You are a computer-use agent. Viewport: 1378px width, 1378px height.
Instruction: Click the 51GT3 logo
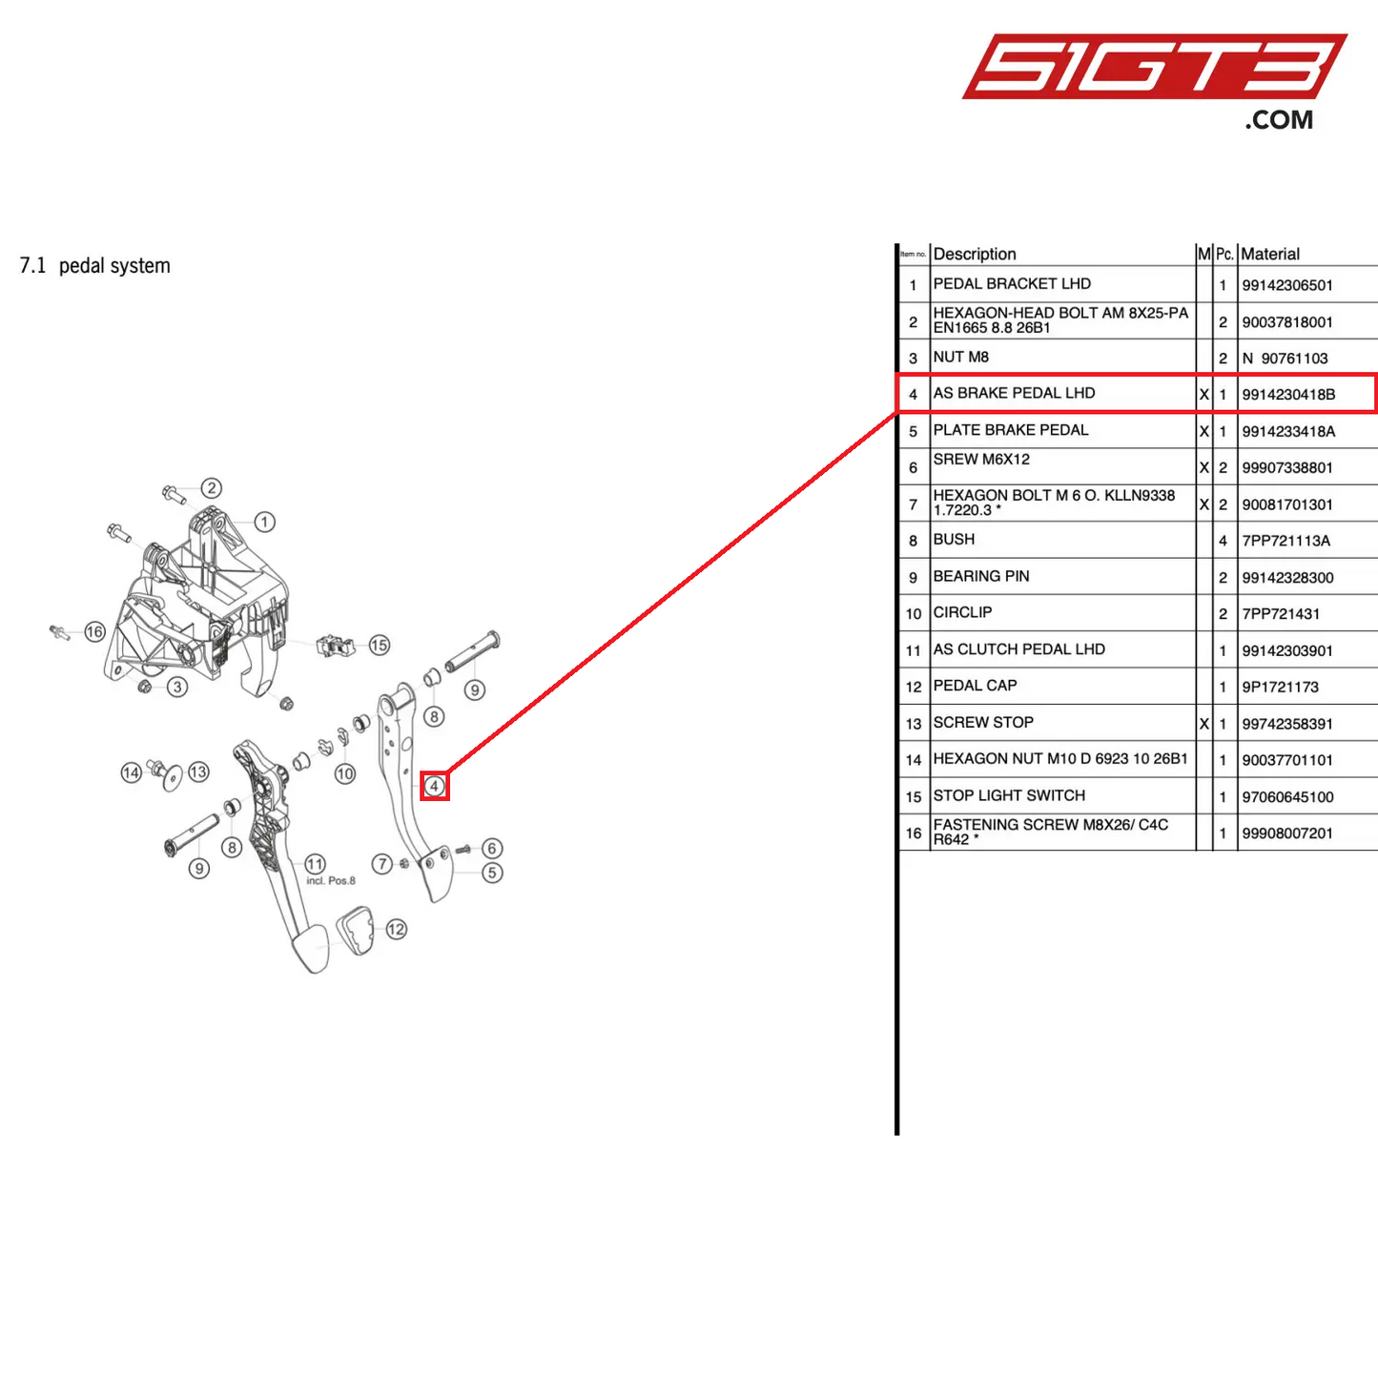click(x=1154, y=81)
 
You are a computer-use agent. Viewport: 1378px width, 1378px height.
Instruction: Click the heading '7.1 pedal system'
click(x=95, y=266)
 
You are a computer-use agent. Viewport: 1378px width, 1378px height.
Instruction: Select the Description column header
click(x=974, y=254)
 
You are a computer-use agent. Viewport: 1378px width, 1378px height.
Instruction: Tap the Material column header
click(x=1269, y=254)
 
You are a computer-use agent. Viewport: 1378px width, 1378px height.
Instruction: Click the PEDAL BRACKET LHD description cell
click(x=1011, y=284)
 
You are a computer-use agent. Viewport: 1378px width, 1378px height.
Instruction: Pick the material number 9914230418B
click(x=1288, y=394)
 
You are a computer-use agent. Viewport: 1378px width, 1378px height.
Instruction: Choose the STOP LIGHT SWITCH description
click(x=1008, y=795)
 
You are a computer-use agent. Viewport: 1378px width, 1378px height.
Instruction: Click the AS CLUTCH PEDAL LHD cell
click(x=1018, y=649)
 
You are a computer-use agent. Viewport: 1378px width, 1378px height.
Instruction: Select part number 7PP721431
click(x=1280, y=613)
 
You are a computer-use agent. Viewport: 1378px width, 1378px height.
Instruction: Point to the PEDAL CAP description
click(x=975, y=686)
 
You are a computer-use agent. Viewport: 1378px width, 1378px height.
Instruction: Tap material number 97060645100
click(x=1287, y=796)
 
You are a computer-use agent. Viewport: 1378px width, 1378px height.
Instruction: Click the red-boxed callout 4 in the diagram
click(x=434, y=786)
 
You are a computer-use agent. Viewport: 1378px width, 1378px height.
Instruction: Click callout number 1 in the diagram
click(x=264, y=522)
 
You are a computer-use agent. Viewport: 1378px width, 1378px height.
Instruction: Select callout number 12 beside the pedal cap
click(x=396, y=929)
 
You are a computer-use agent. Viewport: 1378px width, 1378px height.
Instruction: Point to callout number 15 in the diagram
click(x=379, y=645)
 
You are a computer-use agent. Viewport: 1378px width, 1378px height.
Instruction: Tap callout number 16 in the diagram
click(x=94, y=631)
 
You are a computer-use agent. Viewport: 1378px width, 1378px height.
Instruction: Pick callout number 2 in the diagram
click(x=211, y=487)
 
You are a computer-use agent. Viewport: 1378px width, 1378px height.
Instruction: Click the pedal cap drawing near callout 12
click(x=355, y=931)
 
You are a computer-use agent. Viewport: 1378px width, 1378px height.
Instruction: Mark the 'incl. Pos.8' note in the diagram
click(x=330, y=880)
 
